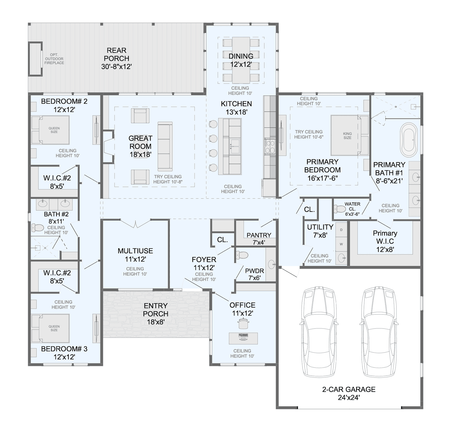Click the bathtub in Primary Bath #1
[x=409, y=138]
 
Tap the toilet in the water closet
[x=339, y=209]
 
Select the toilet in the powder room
[x=242, y=255]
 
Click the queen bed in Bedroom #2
[x=51, y=130]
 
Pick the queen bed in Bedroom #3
[x=51, y=328]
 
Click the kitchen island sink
[x=235, y=144]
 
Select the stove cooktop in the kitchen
[x=270, y=146]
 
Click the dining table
[x=241, y=60]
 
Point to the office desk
[x=243, y=338]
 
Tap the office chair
[x=243, y=323]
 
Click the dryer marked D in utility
[x=341, y=230]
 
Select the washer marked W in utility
[x=341, y=244]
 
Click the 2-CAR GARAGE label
[x=349, y=393]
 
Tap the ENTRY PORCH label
[x=155, y=314]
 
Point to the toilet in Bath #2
[x=37, y=227]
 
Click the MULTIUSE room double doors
[x=136, y=223]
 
